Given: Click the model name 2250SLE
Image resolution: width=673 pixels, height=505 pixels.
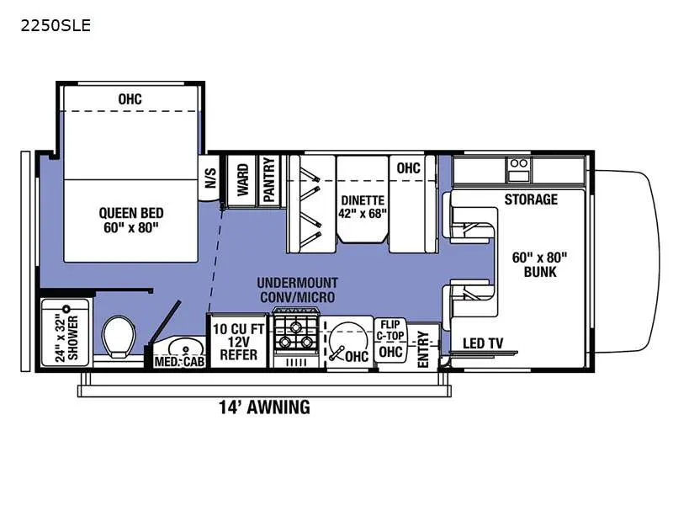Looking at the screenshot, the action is tap(56, 26).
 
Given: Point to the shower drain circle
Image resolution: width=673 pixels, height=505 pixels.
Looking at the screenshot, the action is tap(66, 309).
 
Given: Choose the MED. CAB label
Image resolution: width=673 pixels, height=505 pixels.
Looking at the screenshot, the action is tap(179, 362).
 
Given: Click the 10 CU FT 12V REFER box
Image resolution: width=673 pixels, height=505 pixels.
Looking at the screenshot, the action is tap(238, 342).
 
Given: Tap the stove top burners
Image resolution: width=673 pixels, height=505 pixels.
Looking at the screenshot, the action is tap(296, 336).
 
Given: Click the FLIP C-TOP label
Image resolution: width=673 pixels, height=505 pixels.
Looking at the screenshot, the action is tap(390, 330).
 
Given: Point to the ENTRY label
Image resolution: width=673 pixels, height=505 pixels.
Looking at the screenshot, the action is tap(423, 349).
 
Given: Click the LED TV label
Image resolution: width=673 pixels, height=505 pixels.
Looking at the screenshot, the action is tap(483, 343).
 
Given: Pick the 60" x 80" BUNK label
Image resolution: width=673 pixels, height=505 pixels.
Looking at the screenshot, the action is tap(540, 264).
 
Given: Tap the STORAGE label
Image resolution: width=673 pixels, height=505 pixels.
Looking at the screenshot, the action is tap(531, 199).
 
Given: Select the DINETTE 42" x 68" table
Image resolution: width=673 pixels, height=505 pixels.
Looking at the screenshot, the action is tap(363, 199).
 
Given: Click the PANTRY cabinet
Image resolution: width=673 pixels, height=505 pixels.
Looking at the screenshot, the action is tap(269, 179).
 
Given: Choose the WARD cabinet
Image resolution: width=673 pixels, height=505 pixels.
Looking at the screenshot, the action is tap(242, 179).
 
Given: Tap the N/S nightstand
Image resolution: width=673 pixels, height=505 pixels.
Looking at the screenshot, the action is tap(209, 178).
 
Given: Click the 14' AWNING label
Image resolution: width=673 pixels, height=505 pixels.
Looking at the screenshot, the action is tap(264, 407).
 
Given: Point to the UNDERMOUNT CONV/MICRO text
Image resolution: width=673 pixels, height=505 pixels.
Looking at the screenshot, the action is tap(298, 290).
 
